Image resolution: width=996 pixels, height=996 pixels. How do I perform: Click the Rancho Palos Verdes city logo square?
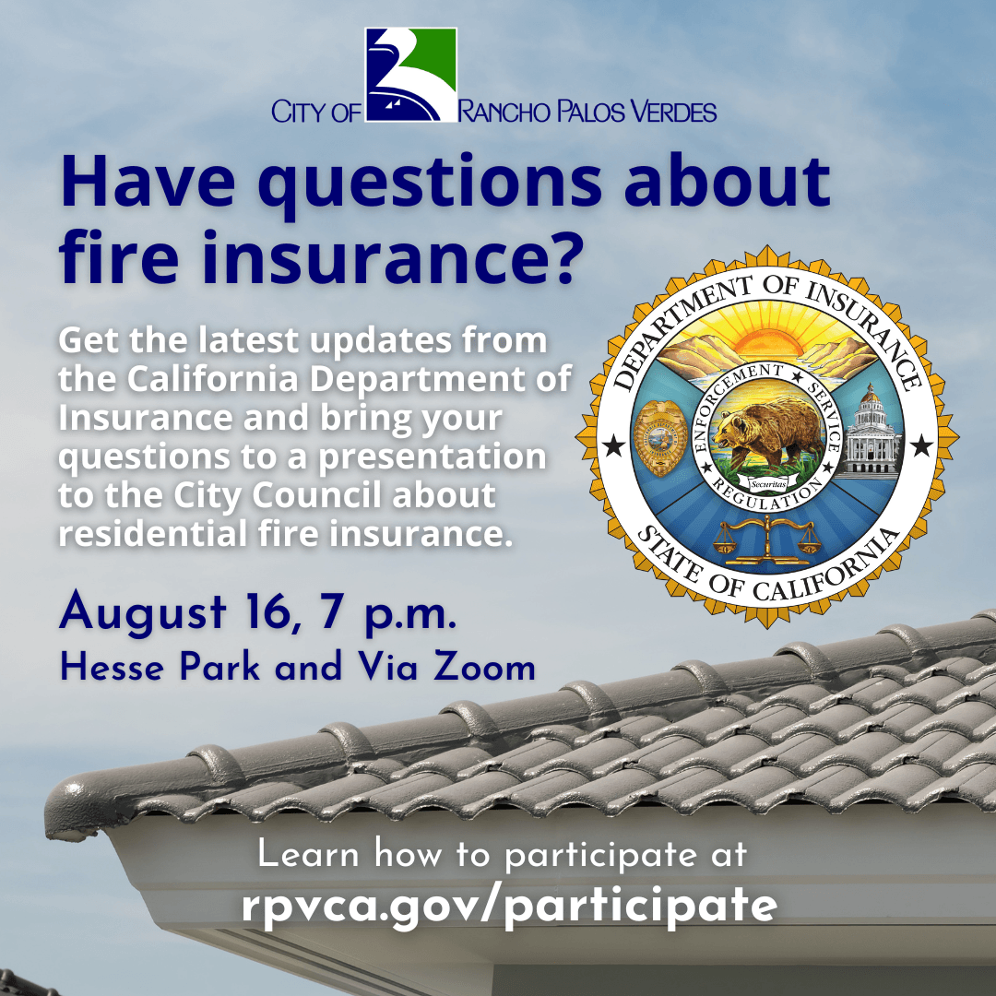click(x=411, y=75)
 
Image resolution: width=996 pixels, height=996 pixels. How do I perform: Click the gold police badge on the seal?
click(x=660, y=438)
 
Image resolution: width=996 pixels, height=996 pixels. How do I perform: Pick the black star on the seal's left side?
click(x=613, y=446)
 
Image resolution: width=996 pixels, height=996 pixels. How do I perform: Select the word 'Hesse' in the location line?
click(x=112, y=669)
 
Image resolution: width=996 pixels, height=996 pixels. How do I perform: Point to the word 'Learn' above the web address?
click(x=308, y=854)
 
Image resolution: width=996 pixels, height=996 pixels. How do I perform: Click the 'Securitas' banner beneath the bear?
click(x=768, y=484)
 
